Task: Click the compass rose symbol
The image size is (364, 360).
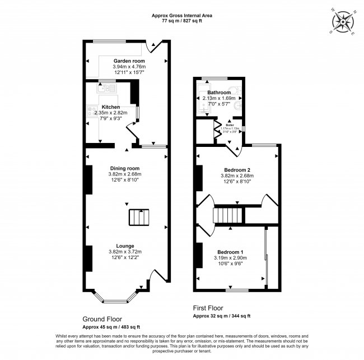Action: tap(342, 22)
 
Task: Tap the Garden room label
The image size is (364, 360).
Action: tap(129, 61)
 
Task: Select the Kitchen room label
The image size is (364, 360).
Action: tap(110, 106)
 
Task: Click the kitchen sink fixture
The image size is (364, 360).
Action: tap(106, 87)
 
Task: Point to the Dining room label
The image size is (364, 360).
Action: tap(124, 168)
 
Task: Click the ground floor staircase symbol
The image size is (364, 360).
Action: tap(140, 217)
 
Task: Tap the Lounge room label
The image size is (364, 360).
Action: tap(124, 246)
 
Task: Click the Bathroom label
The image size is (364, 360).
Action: tap(218, 93)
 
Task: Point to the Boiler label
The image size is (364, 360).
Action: tap(230, 124)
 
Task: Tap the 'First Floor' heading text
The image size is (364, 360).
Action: tap(208, 308)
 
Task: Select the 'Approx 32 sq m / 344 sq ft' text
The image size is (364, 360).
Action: tap(221, 316)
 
